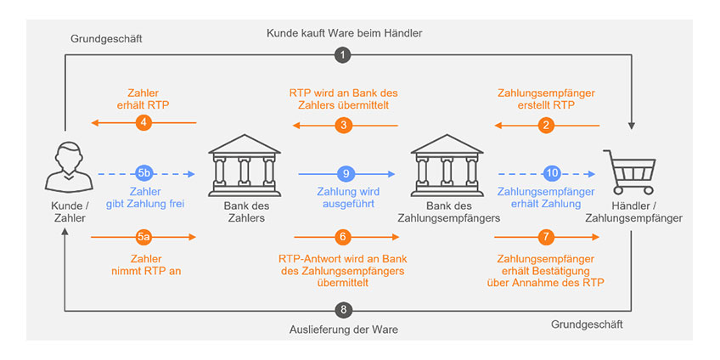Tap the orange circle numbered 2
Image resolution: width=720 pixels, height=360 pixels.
pyautogui.click(x=547, y=125)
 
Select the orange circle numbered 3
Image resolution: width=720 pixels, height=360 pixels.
pyautogui.click(x=344, y=125)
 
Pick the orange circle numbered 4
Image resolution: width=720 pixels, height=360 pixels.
pyautogui.click(x=143, y=124)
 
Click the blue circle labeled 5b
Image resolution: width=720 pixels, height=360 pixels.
pyautogui.click(x=143, y=172)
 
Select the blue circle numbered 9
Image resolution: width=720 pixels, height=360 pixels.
pyautogui.click(x=345, y=172)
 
